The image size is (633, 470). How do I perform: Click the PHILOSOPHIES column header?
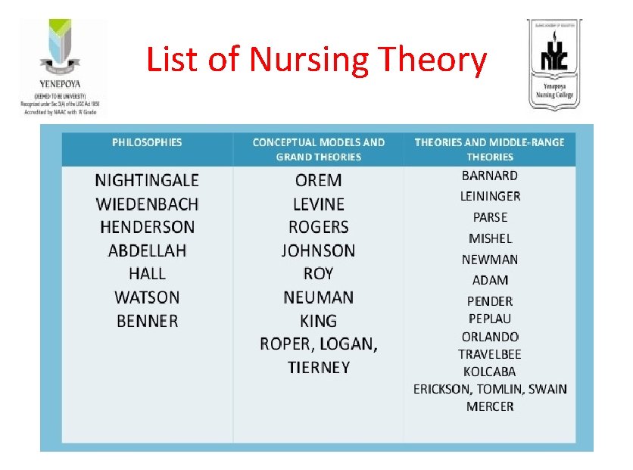(x=147, y=142)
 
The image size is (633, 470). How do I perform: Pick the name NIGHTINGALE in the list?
(x=147, y=180)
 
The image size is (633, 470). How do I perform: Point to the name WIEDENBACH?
(x=147, y=204)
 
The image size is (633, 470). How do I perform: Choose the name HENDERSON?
(x=147, y=227)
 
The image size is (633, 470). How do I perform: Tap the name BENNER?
(x=147, y=321)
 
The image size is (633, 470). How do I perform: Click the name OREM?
(x=318, y=180)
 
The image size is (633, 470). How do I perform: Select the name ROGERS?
(x=318, y=227)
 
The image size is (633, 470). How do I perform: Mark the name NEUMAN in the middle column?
(x=318, y=297)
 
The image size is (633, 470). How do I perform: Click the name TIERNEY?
(x=318, y=368)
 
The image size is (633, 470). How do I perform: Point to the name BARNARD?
(x=490, y=176)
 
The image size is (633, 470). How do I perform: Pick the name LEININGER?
(x=490, y=197)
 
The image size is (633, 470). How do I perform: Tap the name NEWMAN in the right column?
(x=490, y=260)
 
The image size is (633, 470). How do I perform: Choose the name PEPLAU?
(x=490, y=319)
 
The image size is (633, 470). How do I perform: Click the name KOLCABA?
(x=490, y=372)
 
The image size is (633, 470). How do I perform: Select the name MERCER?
(x=490, y=406)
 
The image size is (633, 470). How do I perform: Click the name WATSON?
(x=147, y=297)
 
